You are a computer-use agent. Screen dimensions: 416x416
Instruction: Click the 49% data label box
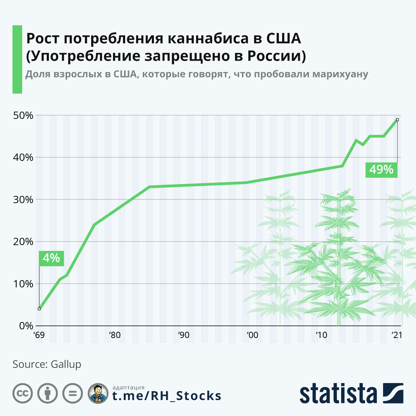(x=381, y=170)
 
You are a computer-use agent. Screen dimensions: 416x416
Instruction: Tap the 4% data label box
(x=51, y=258)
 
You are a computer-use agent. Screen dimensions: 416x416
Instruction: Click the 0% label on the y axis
(x=26, y=326)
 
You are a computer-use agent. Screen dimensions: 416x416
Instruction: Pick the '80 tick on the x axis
(x=114, y=335)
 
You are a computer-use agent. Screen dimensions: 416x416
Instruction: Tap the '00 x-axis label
(x=252, y=335)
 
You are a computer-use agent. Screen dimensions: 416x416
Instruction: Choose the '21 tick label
(x=396, y=335)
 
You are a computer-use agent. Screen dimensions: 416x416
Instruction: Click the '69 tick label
(x=39, y=335)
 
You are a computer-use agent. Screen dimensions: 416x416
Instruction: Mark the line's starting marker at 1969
(x=39, y=309)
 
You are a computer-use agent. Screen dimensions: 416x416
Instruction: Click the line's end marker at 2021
(x=397, y=120)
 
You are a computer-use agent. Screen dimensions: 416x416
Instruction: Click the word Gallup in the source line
(x=66, y=364)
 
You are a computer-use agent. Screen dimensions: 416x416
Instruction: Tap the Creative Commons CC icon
(x=23, y=393)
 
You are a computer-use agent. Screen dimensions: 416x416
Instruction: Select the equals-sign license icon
(x=73, y=393)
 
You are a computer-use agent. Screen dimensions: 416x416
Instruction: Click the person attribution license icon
(x=47, y=393)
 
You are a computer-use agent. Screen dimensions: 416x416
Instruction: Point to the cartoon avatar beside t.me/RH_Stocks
(x=98, y=393)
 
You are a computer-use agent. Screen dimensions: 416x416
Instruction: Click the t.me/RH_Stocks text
(x=166, y=396)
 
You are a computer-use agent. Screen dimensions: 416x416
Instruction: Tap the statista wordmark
(x=338, y=393)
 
